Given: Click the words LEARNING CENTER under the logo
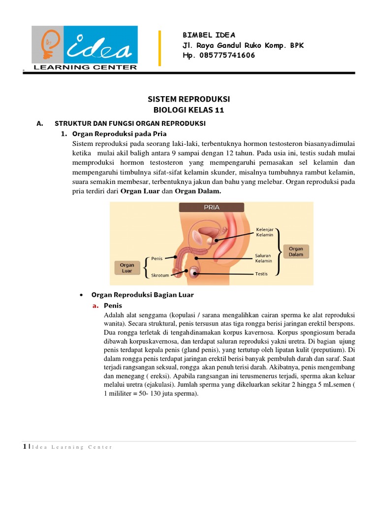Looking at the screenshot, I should pos(85,68).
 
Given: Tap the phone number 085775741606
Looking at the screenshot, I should pos(227,55).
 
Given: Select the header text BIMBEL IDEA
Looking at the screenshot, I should pos(209,35).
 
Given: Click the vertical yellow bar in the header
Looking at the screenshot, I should pos(159,48).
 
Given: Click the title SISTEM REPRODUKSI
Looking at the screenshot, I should pos(189,99).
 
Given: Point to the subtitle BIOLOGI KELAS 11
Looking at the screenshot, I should pos(189,110).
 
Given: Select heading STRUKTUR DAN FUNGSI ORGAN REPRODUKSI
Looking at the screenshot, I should pos(130,123).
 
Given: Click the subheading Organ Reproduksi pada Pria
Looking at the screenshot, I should pos(119,134).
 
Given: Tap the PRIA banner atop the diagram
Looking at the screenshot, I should pos(212,208).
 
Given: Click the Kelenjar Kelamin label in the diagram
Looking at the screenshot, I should pos(264,232).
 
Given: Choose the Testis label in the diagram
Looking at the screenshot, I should pos(261,274).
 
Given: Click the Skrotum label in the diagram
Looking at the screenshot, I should pos(160,275).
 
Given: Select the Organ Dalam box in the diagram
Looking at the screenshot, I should pos(296,252).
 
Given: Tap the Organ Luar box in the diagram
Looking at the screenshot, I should pos(127,268).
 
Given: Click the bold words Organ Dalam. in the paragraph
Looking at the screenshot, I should pos(198,192).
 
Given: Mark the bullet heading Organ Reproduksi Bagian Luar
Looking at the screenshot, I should pos(143,295).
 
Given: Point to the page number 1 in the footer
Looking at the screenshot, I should pos(24,447).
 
